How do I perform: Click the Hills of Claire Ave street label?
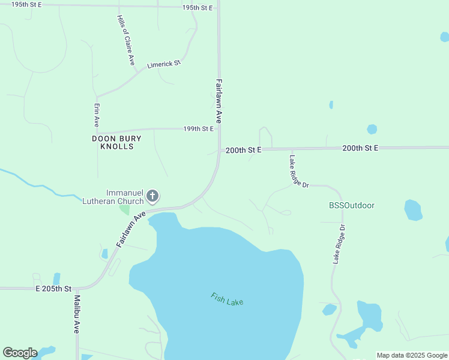tap(126, 41)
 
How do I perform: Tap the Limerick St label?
tap(164, 64)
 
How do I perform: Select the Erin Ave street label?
tap(96, 114)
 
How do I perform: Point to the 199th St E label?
tap(199, 129)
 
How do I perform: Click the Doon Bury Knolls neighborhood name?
tap(116, 142)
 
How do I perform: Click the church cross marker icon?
tap(152, 196)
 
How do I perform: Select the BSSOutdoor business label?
tap(352, 205)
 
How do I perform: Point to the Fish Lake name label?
tap(227, 299)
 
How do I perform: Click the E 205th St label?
tap(53, 289)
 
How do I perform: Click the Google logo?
tap(20, 353)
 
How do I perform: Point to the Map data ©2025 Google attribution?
tap(412, 355)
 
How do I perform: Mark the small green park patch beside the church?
tap(124, 209)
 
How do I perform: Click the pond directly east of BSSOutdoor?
tap(412, 209)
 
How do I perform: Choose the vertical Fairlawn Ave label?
tap(219, 101)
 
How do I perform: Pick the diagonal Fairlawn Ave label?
tap(131, 229)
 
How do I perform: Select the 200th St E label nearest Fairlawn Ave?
tap(244, 151)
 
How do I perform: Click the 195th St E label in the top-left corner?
tap(28, 4)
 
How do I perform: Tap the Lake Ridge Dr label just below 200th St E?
tap(298, 172)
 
